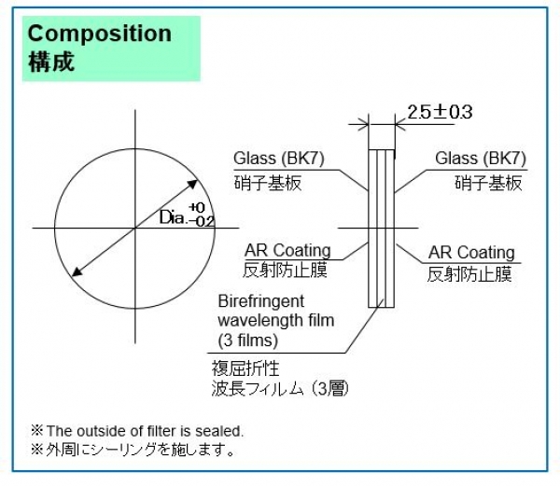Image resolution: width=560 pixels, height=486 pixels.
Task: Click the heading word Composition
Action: pyautogui.click(x=100, y=34)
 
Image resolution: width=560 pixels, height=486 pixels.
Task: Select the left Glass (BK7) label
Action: pyautogui.click(x=281, y=158)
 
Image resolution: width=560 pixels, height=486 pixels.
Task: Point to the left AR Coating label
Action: pyautogui.click(x=287, y=250)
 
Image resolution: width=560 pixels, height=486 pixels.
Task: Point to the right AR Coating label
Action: pyautogui.click(x=471, y=253)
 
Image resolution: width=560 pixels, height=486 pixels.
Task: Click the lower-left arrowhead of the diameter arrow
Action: pyautogui.click(x=77, y=271)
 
